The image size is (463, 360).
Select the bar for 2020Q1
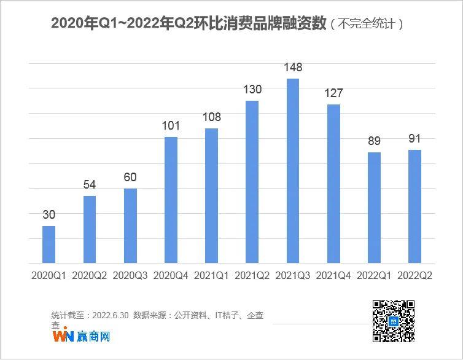pyautogui.click(x=49, y=245)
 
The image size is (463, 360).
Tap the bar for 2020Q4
pyautogui.click(x=171, y=200)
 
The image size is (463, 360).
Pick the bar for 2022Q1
pyautogui.click(x=374, y=208)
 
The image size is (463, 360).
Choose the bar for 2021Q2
pyautogui.click(x=252, y=182)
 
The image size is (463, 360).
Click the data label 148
pyautogui.click(x=293, y=67)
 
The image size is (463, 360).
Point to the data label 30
pyautogui.click(x=49, y=215)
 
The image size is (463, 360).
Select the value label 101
pyautogui.click(x=171, y=126)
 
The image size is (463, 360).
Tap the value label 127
pyautogui.click(x=333, y=93)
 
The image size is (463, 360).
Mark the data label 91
pyautogui.click(x=414, y=139)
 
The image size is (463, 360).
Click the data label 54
pyautogui.click(x=90, y=184)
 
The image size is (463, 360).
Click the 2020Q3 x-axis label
pyautogui.click(x=130, y=276)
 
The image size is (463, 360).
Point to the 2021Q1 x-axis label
pyautogui.click(x=211, y=276)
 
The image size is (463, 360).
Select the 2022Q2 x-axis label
pyautogui.click(x=415, y=276)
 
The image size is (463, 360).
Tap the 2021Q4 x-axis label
pyautogui.click(x=333, y=276)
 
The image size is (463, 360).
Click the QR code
pyautogui.click(x=394, y=321)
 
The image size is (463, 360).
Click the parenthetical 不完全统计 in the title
pyautogui.click(x=367, y=24)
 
